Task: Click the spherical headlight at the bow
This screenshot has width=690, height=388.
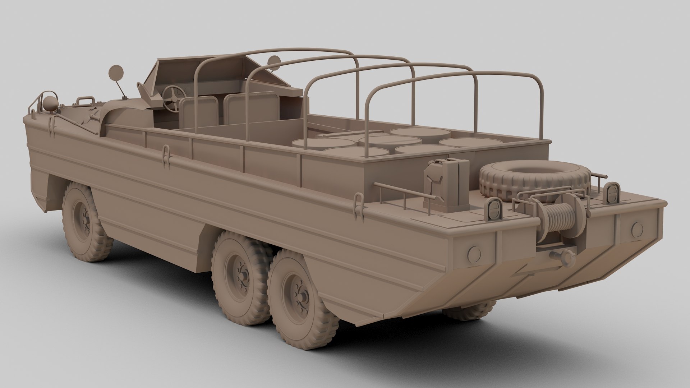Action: pos(51,102)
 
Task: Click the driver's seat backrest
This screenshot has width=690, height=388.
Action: pos(199,111)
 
